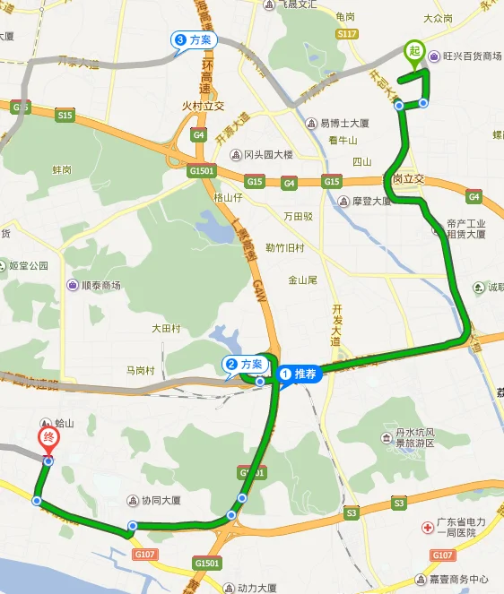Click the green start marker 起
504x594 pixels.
(413, 51)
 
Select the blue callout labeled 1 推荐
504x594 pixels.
(300, 374)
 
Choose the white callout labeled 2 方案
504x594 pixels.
(245, 365)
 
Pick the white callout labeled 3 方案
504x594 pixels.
(194, 39)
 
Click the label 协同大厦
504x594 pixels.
(161, 501)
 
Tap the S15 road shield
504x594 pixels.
(64, 116)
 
